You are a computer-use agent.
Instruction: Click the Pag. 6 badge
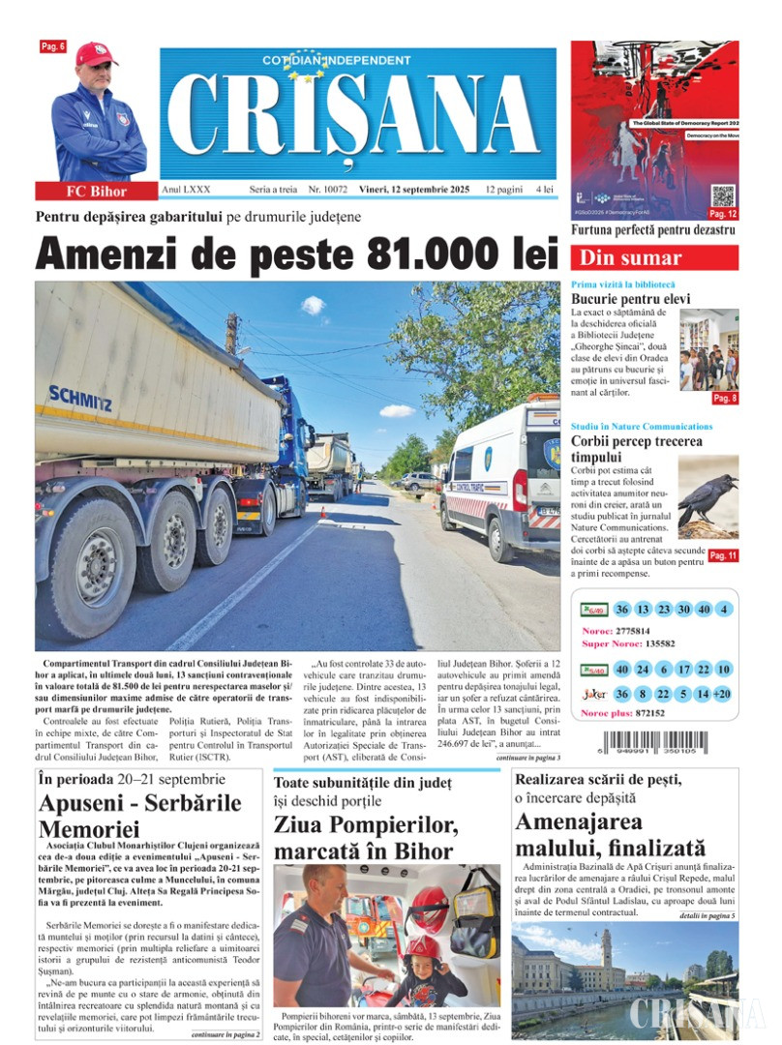(52, 46)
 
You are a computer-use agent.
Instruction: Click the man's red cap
(97, 53)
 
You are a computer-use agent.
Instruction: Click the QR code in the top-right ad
(722, 194)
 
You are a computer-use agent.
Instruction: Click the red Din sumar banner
(654, 258)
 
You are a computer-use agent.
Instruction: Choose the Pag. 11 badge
(723, 555)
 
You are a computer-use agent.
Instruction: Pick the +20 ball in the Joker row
(723, 694)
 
